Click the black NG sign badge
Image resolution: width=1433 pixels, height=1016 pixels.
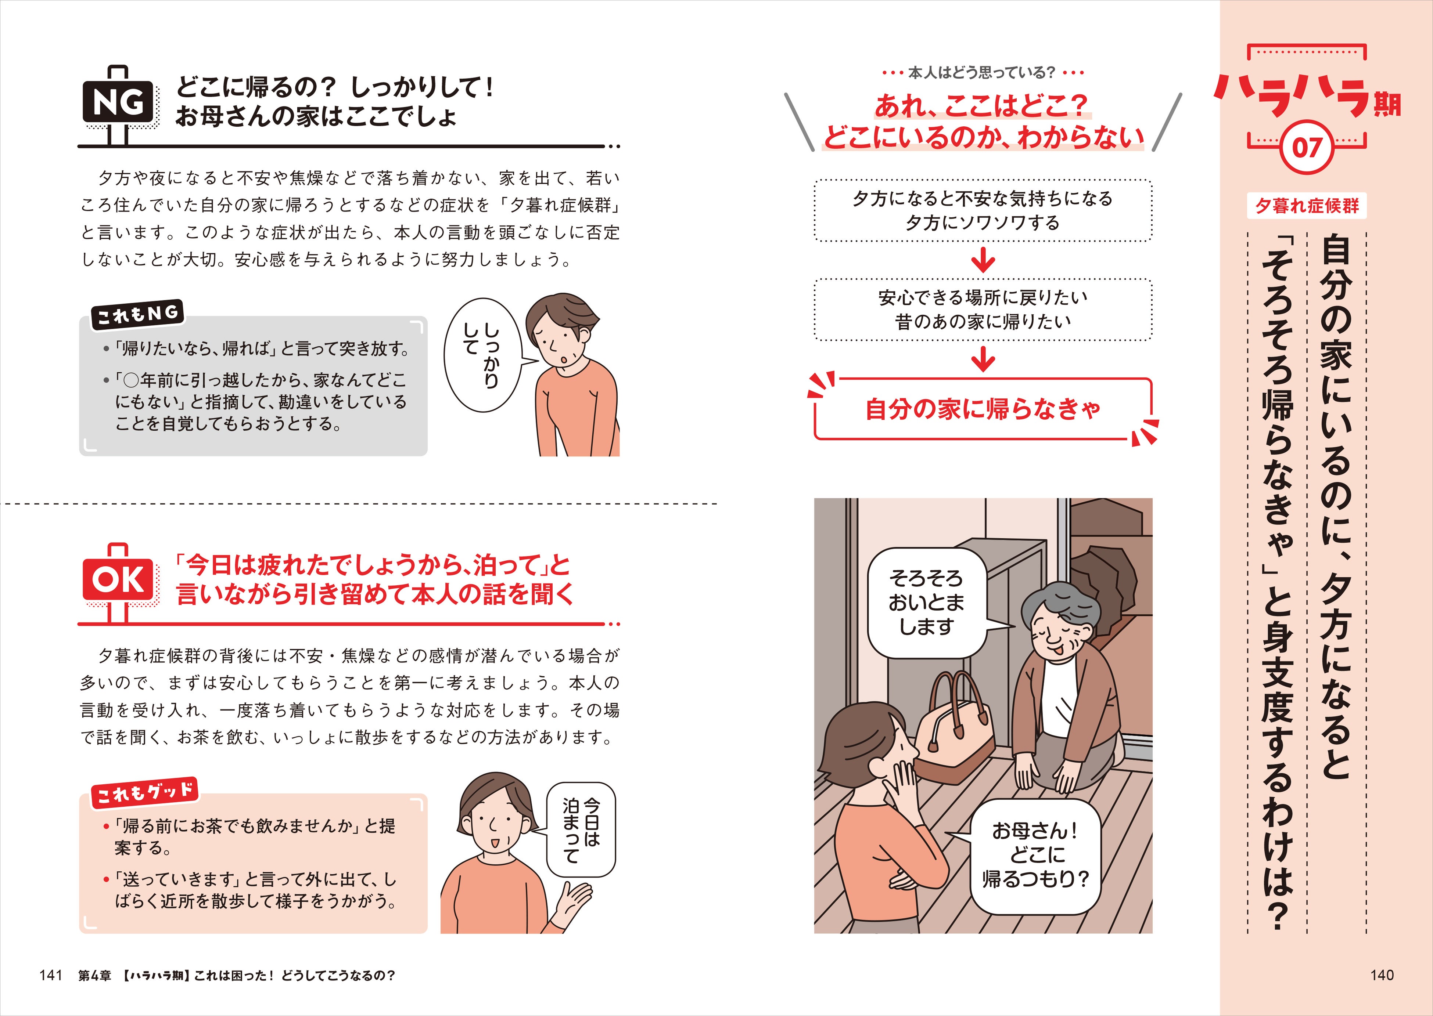pos(118,102)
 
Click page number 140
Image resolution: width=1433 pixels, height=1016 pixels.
pos(1382,975)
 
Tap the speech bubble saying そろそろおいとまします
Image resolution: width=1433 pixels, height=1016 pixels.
pos(926,603)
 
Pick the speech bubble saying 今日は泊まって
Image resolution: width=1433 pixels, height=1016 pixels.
pos(581,829)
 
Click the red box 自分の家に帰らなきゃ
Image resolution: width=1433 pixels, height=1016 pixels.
pos(982,409)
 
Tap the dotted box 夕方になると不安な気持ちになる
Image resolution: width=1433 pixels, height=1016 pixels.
pos(982,210)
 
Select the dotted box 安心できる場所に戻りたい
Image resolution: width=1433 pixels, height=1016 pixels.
pos(982,309)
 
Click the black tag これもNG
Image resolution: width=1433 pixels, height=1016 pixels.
pos(137,314)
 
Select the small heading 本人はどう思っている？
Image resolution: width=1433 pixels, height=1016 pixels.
pos(982,73)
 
